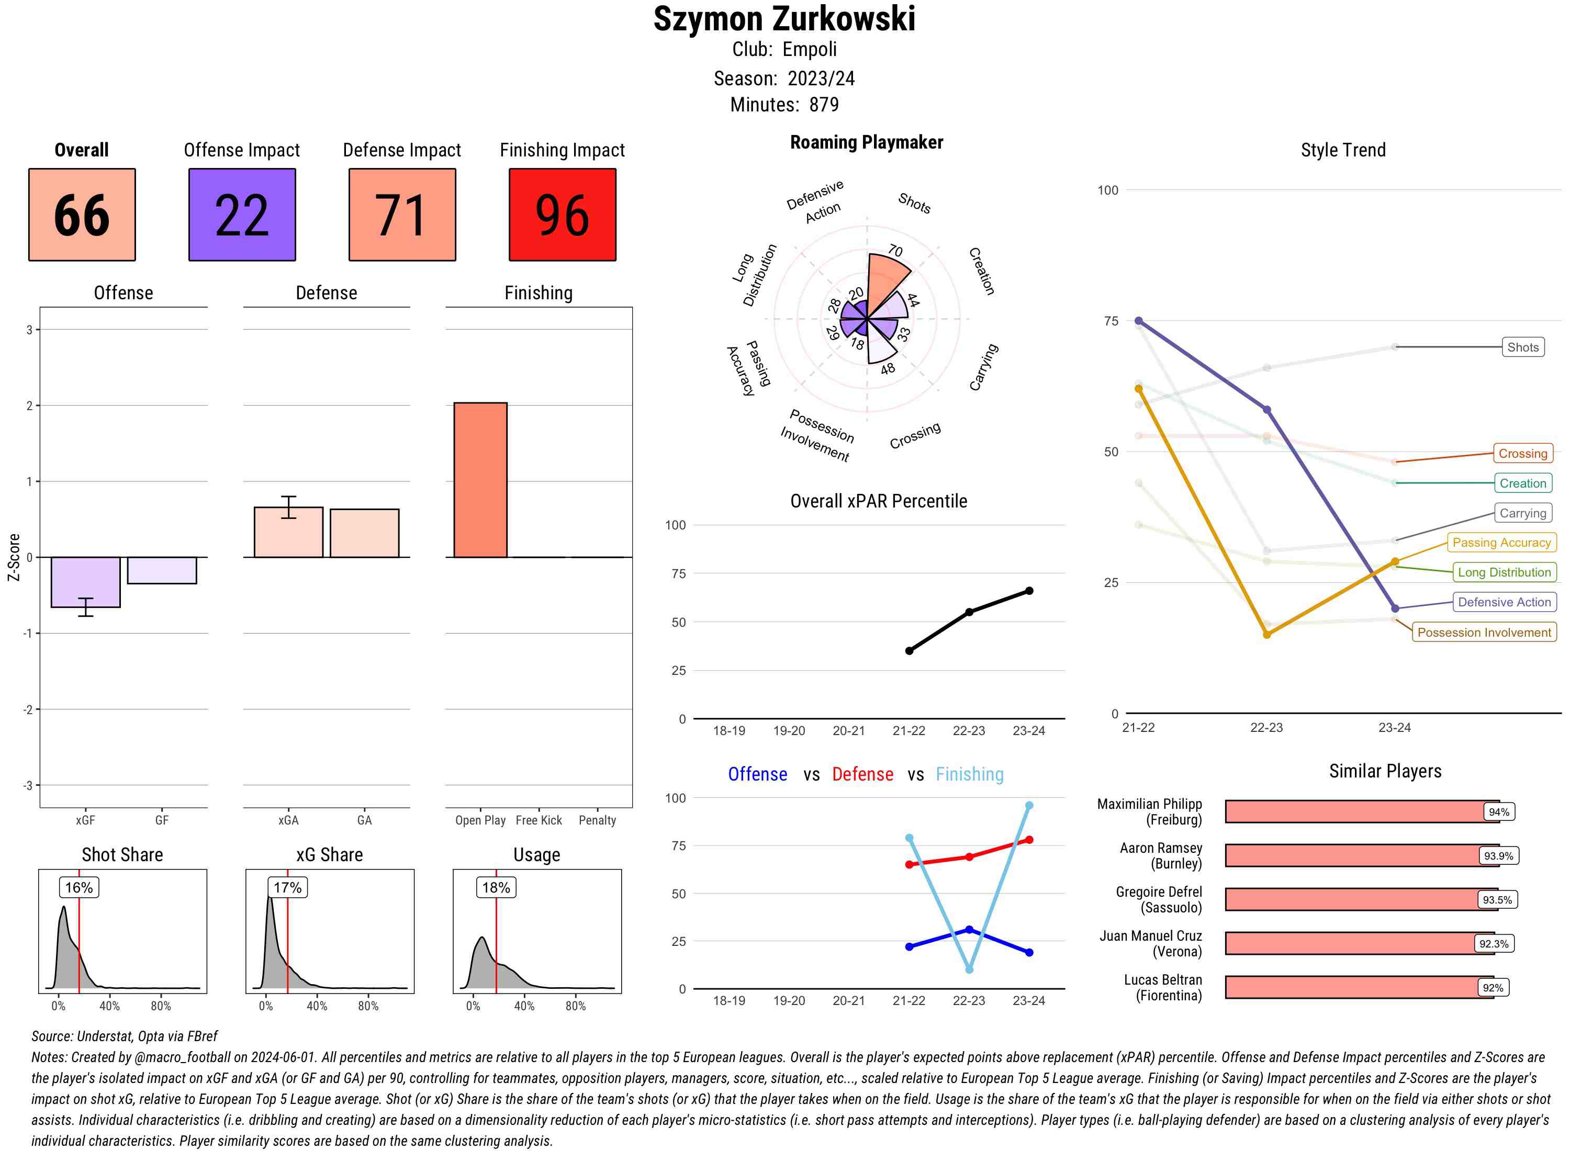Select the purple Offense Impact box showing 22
(242, 215)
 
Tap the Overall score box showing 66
(82, 215)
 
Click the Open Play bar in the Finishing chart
(480, 480)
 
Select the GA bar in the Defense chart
(364, 533)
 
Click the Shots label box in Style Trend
(1522, 347)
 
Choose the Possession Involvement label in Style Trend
(1484, 633)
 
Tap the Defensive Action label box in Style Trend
(1504, 602)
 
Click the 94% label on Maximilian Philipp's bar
(1498, 811)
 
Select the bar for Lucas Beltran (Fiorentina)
(1359, 987)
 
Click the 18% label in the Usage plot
(496, 888)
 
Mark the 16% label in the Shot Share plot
(78, 888)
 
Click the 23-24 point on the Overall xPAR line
(1029, 591)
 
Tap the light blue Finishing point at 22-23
(969, 969)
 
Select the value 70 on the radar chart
(895, 251)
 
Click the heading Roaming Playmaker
(866, 142)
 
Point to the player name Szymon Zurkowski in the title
(784, 19)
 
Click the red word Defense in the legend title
(862, 774)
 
